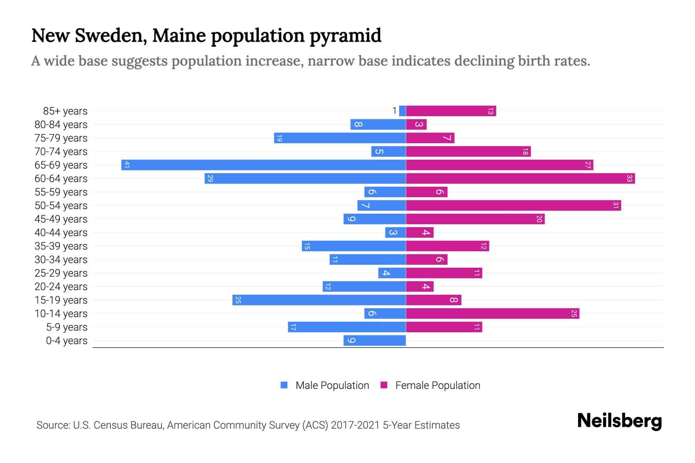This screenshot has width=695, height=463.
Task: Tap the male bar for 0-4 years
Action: (375, 340)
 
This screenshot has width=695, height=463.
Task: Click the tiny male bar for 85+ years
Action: (402, 111)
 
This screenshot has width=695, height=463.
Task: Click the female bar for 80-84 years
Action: (416, 124)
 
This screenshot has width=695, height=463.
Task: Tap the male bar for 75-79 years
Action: (340, 138)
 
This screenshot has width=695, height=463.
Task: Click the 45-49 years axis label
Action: (61, 219)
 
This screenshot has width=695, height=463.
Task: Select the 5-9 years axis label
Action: (66, 327)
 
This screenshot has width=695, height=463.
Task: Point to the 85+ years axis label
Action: (65, 111)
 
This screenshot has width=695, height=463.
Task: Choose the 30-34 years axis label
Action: (61, 259)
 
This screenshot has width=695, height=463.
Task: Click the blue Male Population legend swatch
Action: (284, 385)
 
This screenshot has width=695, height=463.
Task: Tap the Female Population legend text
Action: (437, 385)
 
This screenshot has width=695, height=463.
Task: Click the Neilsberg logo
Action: (619, 421)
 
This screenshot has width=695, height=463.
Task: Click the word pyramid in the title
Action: (345, 35)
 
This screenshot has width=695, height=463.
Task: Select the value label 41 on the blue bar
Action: (127, 165)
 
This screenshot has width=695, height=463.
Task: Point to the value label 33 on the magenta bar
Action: (629, 178)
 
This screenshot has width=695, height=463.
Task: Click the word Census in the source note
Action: (110, 425)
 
